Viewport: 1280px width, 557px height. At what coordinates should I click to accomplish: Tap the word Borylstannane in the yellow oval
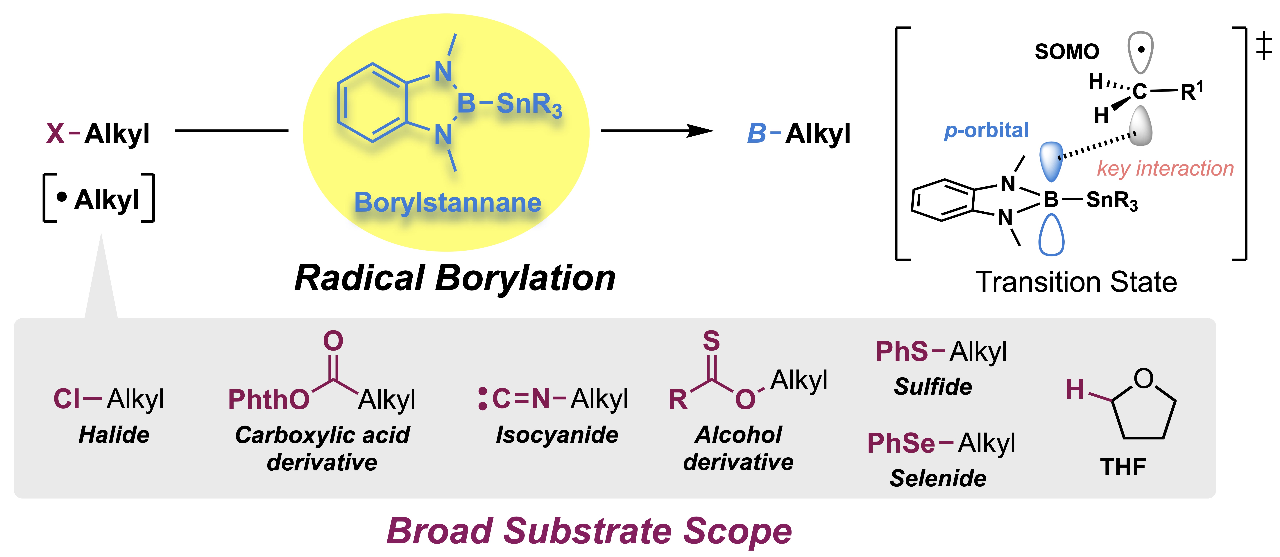(447, 203)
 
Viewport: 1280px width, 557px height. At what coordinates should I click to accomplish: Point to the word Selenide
(938, 478)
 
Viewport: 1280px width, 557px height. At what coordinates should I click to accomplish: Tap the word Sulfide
(933, 387)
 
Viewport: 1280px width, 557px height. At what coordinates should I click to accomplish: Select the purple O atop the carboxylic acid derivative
(333, 341)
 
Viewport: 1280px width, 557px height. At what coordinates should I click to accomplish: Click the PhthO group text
(268, 399)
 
